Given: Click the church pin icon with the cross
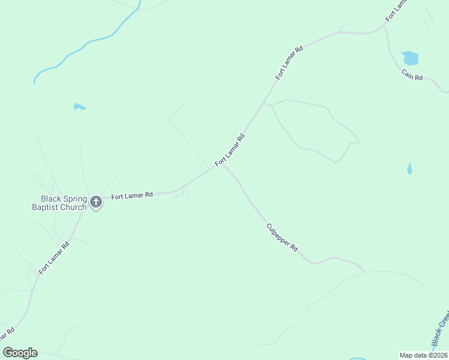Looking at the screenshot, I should point(96,203).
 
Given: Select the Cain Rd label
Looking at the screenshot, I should point(412,76).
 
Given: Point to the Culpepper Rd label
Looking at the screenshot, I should point(282,236).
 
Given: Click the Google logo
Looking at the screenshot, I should point(20,353).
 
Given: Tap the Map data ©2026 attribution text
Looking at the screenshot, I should point(424,355).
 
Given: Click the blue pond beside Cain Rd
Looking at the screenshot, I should point(411,58).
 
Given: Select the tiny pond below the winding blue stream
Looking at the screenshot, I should point(79,107).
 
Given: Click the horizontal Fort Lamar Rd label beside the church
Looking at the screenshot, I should point(132,195).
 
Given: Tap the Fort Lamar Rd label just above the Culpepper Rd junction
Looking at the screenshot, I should point(230,150).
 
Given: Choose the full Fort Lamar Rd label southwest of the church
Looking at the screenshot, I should point(54,258).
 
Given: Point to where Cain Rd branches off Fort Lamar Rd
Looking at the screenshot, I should point(385,28).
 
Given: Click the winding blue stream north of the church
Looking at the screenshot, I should point(90,42).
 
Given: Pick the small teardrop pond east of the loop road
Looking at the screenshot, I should point(409,169).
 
